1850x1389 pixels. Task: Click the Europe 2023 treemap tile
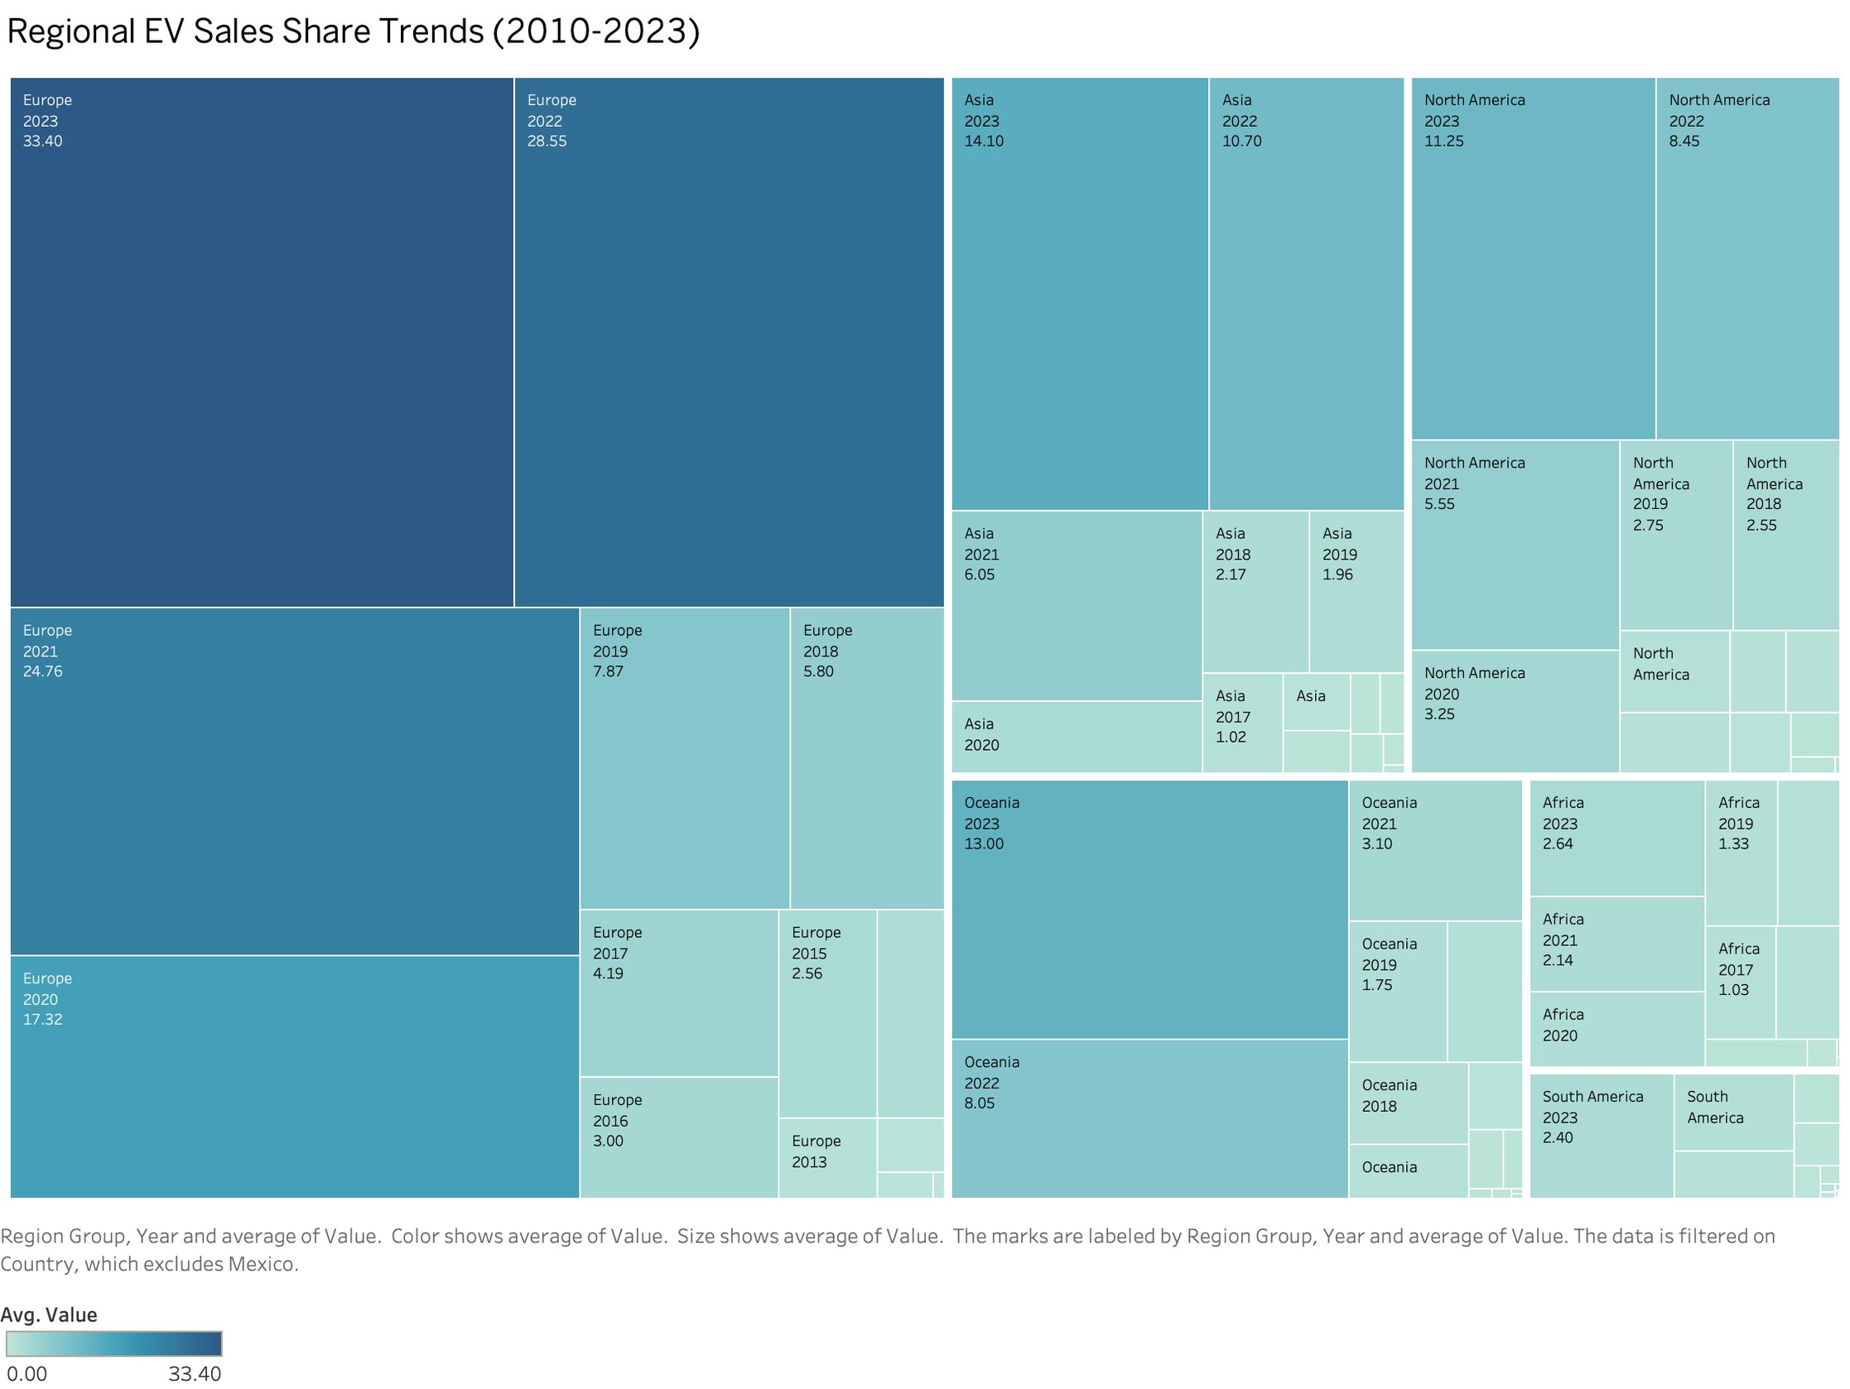pos(261,343)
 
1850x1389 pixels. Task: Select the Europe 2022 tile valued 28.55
pos(729,343)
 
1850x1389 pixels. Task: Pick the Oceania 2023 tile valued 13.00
pos(1149,910)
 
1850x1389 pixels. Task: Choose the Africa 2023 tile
pos(1616,839)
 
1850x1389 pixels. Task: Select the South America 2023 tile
pos(1601,1136)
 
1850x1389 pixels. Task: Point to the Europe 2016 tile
pos(678,1137)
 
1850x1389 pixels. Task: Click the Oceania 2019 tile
pos(1397,992)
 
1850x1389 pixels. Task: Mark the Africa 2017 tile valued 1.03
pos(1739,983)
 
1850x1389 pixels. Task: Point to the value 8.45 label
pos(1684,142)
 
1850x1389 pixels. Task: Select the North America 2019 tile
pos(1675,536)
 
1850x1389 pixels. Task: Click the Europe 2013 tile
pos(826,1158)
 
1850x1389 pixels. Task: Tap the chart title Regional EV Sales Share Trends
pos(352,31)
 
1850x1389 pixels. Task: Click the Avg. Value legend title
pos(49,1315)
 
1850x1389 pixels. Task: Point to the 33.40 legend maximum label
pos(194,1374)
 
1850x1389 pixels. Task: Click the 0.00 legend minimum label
pos(26,1374)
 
